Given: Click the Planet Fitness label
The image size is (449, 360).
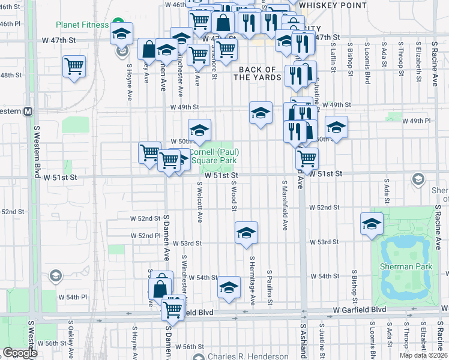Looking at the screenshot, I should tap(82, 25).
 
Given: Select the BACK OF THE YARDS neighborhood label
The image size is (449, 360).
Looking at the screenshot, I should tap(260, 74).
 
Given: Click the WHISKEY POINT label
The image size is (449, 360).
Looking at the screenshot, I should tap(333, 5).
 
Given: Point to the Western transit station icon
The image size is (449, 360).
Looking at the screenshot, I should tap(28, 111).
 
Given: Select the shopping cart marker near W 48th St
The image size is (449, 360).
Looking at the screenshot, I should tap(74, 66).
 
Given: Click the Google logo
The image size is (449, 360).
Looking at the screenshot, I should tap(20, 353).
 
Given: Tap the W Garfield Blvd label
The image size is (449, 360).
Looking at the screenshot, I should tap(358, 309).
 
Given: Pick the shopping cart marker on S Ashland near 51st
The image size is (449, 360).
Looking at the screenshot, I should tap(307, 158).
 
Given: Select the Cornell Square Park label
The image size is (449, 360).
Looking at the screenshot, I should tap(214, 156).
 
